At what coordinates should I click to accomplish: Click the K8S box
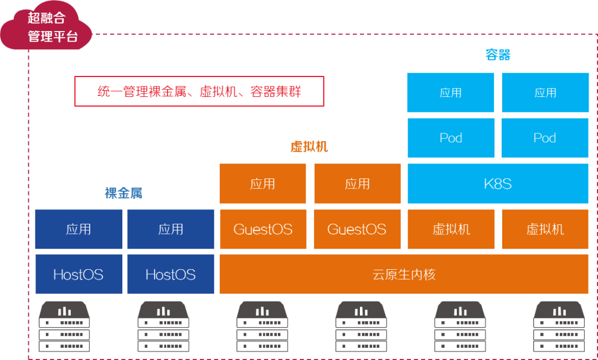tap(498, 183)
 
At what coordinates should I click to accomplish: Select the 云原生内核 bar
tap(404, 274)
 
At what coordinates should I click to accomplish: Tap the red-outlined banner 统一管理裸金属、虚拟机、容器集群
tap(199, 91)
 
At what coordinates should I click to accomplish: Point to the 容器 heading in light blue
tap(498, 55)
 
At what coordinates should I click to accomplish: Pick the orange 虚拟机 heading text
tap(309, 147)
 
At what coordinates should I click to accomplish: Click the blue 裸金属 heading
tap(123, 193)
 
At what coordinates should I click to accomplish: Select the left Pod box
tap(451, 138)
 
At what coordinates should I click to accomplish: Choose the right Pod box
tap(545, 138)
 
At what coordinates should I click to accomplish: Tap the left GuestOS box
tap(263, 229)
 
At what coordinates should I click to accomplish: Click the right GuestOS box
tap(357, 229)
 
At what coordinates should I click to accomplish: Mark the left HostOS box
tap(79, 274)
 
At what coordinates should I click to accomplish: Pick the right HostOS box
tap(171, 274)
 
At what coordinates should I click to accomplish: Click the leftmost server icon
tap(64, 327)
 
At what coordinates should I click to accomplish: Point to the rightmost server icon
tap(559, 327)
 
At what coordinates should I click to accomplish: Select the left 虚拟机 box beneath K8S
tap(451, 229)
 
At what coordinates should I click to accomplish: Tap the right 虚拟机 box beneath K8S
tap(545, 229)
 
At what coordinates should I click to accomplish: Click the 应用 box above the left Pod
tap(451, 92)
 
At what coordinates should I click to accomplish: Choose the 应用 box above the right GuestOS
tap(357, 183)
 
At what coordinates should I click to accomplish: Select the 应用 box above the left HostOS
tap(79, 229)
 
